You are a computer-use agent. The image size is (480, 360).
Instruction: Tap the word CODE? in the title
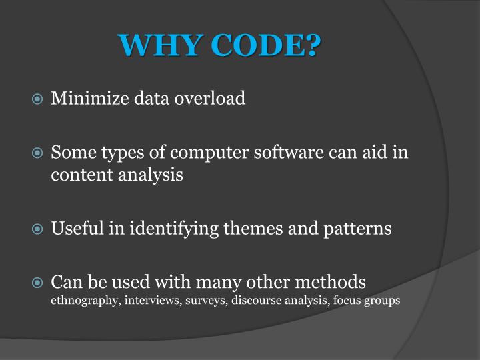click(x=265, y=46)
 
